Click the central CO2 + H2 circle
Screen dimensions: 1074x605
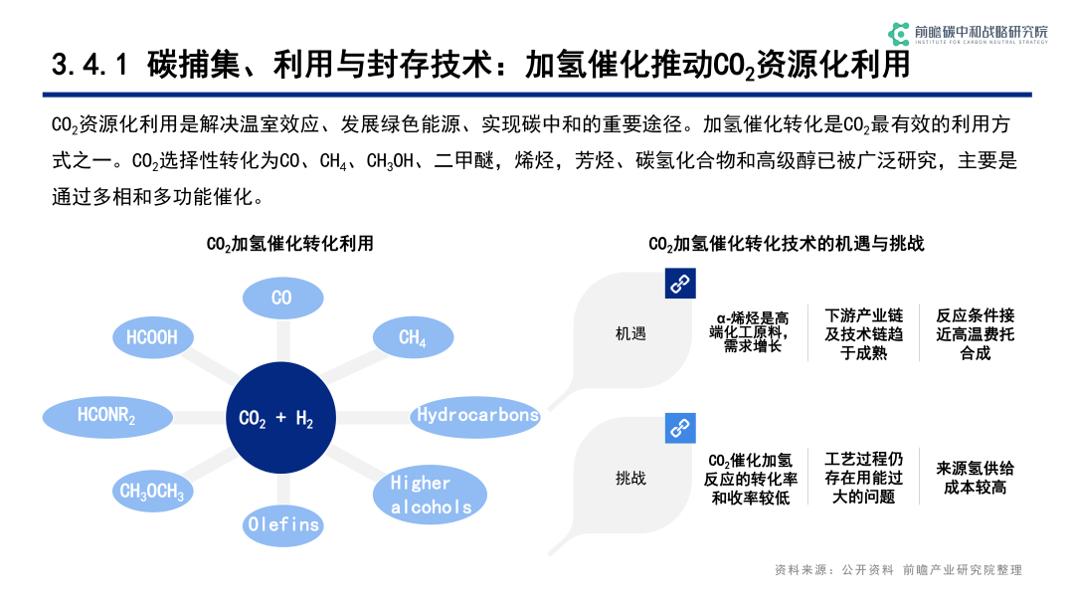coord(280,417)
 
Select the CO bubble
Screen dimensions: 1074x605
coord(282,299)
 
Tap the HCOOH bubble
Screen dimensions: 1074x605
coord(152,337)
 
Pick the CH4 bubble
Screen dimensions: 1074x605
coord(413,337)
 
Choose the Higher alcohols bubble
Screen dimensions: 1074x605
coord(431,495)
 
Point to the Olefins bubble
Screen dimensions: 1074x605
coord(282,524)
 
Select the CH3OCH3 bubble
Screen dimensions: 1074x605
coord(152,491)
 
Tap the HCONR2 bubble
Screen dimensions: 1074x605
coord(107,417)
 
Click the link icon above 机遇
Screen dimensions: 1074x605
coord(680,283)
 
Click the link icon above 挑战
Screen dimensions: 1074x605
coord(680,428)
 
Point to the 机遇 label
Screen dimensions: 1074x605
coord(630,333)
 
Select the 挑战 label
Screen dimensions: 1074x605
coord(630,479)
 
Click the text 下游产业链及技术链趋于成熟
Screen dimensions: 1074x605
coord(864,334)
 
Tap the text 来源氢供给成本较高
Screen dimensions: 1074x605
coord(975,478)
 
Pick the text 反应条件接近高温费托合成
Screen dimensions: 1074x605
coord(975,334)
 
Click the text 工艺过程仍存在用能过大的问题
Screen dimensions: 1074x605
coord(864,478)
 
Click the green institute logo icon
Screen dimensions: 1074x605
coord(899,34)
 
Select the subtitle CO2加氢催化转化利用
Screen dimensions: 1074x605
coord(289,244)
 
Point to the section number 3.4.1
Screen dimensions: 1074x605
coord(89,65)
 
